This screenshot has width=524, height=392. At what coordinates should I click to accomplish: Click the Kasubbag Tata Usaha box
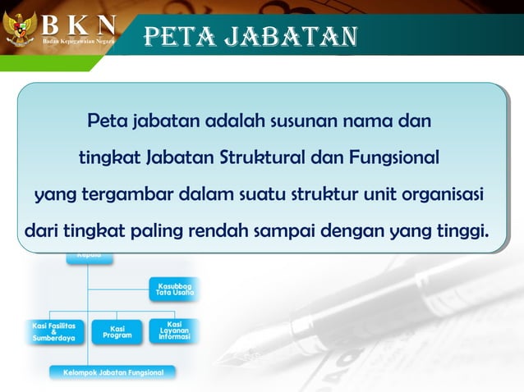coord(174,289)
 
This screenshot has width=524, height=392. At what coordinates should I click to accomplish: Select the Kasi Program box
coord(117,331)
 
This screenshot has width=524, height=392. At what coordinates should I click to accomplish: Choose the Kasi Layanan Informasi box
coord(173,330)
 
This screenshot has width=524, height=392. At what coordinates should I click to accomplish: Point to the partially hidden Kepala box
coord(90,258)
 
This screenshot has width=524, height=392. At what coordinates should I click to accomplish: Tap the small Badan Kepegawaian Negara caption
coord(79,40)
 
